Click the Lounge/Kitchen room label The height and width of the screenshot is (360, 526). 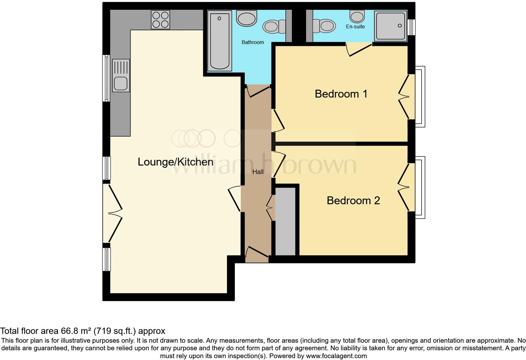point(176,162)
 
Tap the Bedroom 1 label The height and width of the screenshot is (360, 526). point(341,94)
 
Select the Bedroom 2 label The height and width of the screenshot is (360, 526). point(353,200)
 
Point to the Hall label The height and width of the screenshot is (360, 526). point(258,172)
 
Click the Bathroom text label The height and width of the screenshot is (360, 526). point(253,42)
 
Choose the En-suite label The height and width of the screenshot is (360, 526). point(355,27)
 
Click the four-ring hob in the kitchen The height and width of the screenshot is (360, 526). point(160,20)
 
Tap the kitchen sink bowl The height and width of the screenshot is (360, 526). point(120,83)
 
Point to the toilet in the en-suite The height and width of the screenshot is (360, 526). point(324,25)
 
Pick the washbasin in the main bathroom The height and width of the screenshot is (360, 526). point(247,18)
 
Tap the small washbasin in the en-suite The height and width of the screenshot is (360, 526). point(357,15)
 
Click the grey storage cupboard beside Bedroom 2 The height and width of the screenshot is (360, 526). point(286,221)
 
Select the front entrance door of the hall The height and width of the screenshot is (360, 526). point(257,254)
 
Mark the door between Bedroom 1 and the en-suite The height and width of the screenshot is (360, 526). point(359,50)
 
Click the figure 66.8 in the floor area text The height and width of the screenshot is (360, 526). point(68,331)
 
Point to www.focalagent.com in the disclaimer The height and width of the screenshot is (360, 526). point(336,356)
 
